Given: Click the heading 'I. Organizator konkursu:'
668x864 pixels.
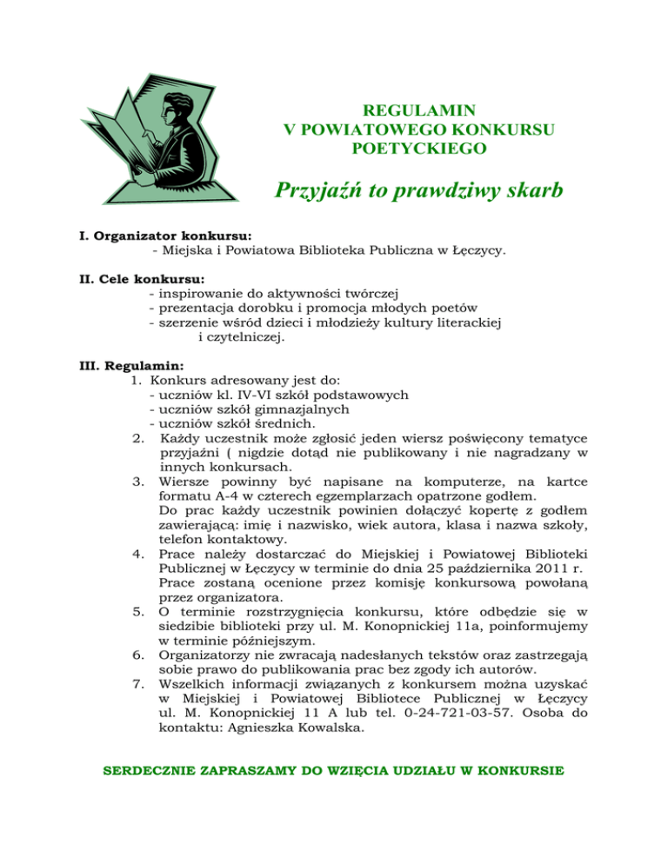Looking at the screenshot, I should (x=161, y=236).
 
